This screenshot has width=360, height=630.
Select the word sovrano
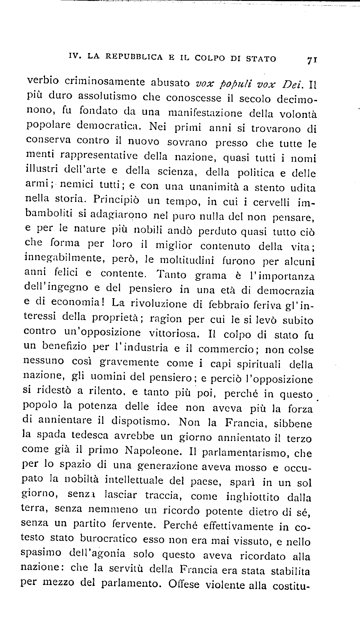pos(187,142)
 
